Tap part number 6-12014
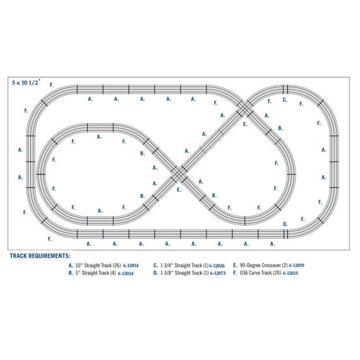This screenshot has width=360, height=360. tap(131, 266)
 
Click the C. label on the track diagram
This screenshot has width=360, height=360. tap(285, 100)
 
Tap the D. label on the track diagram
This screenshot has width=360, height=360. tap(285, 224)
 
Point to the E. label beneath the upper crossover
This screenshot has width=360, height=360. tap(244, 125)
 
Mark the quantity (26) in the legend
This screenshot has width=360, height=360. tap(115, 266)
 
